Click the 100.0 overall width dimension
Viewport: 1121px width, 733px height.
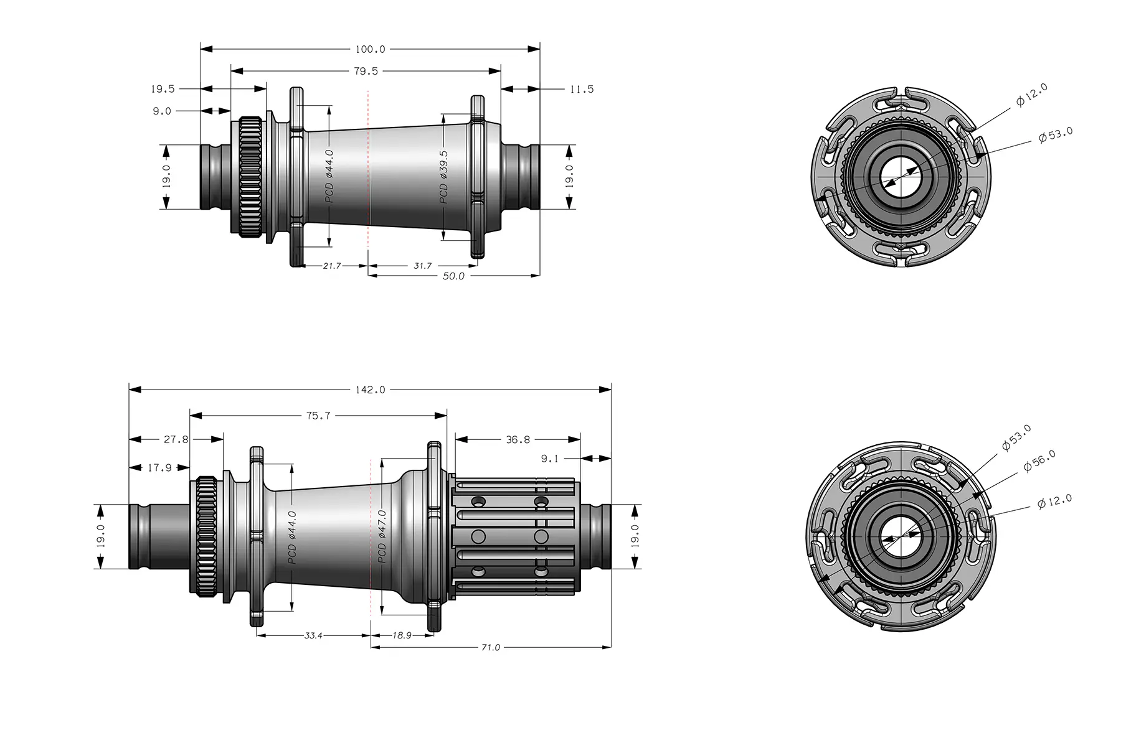point(370,49)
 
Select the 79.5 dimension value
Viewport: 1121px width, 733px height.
point(366,72)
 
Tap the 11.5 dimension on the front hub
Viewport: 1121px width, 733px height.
point(581,90)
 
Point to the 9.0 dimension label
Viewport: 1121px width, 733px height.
point(162,111)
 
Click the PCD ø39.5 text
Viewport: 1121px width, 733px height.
point(443,177)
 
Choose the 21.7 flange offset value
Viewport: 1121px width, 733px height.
point(331,266)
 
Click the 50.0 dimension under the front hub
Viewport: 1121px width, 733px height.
point(453,276)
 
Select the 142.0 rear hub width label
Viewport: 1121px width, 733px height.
point(370,390)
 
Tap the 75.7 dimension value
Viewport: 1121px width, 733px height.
point(318,416)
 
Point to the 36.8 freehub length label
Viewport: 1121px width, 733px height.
point(518,440)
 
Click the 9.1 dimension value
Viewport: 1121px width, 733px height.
point(549,459)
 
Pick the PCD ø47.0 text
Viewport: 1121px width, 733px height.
point(382,536)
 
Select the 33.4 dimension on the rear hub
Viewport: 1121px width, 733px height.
point(313,636)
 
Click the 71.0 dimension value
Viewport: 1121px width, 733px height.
point(490,648)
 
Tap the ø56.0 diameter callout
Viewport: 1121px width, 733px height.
point(1039,461)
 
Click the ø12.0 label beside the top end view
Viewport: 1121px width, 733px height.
point(1032,95)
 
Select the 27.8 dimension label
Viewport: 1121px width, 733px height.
point(176,440)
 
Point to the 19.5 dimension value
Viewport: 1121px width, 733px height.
point(163,90)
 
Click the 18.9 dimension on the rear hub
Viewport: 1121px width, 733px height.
point(402,636)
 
